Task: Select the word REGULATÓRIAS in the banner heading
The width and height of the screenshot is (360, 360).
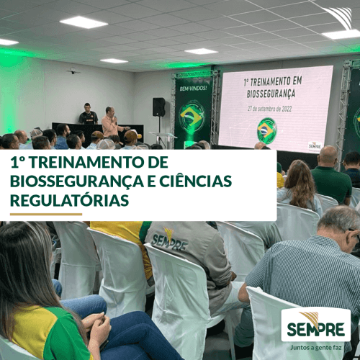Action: (70, 199)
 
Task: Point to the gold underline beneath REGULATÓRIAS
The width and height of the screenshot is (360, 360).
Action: (46, 214)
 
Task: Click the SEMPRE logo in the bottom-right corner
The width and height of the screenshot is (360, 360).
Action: (315, 325)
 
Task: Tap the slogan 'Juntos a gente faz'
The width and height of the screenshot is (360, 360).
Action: (315, 346)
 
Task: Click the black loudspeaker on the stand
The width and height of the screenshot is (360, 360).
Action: (158, 107)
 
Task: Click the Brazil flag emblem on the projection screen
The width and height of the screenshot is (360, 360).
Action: (267, 130)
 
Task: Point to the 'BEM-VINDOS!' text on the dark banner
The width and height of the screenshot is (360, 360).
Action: (192, 89)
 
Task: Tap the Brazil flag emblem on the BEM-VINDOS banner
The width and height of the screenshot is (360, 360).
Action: (192, 116)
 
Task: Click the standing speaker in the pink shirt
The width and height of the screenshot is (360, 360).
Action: (109, 123)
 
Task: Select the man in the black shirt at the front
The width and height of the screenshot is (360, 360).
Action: (88, 115)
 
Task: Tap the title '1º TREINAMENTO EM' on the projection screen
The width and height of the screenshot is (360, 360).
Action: (266, 84)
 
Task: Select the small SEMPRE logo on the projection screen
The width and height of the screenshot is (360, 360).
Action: (315, 145)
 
